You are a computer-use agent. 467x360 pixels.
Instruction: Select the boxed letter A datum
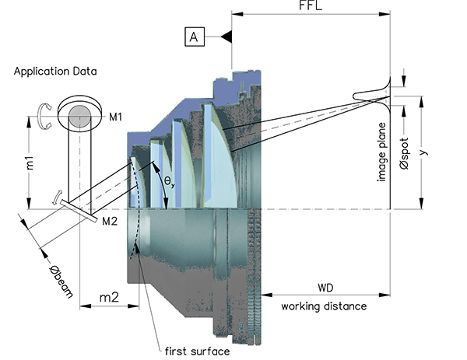tap(195, 37)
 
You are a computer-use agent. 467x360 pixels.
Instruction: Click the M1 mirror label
tap(117, 117)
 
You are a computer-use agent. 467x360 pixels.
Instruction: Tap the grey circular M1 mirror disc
tap(78, 117)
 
